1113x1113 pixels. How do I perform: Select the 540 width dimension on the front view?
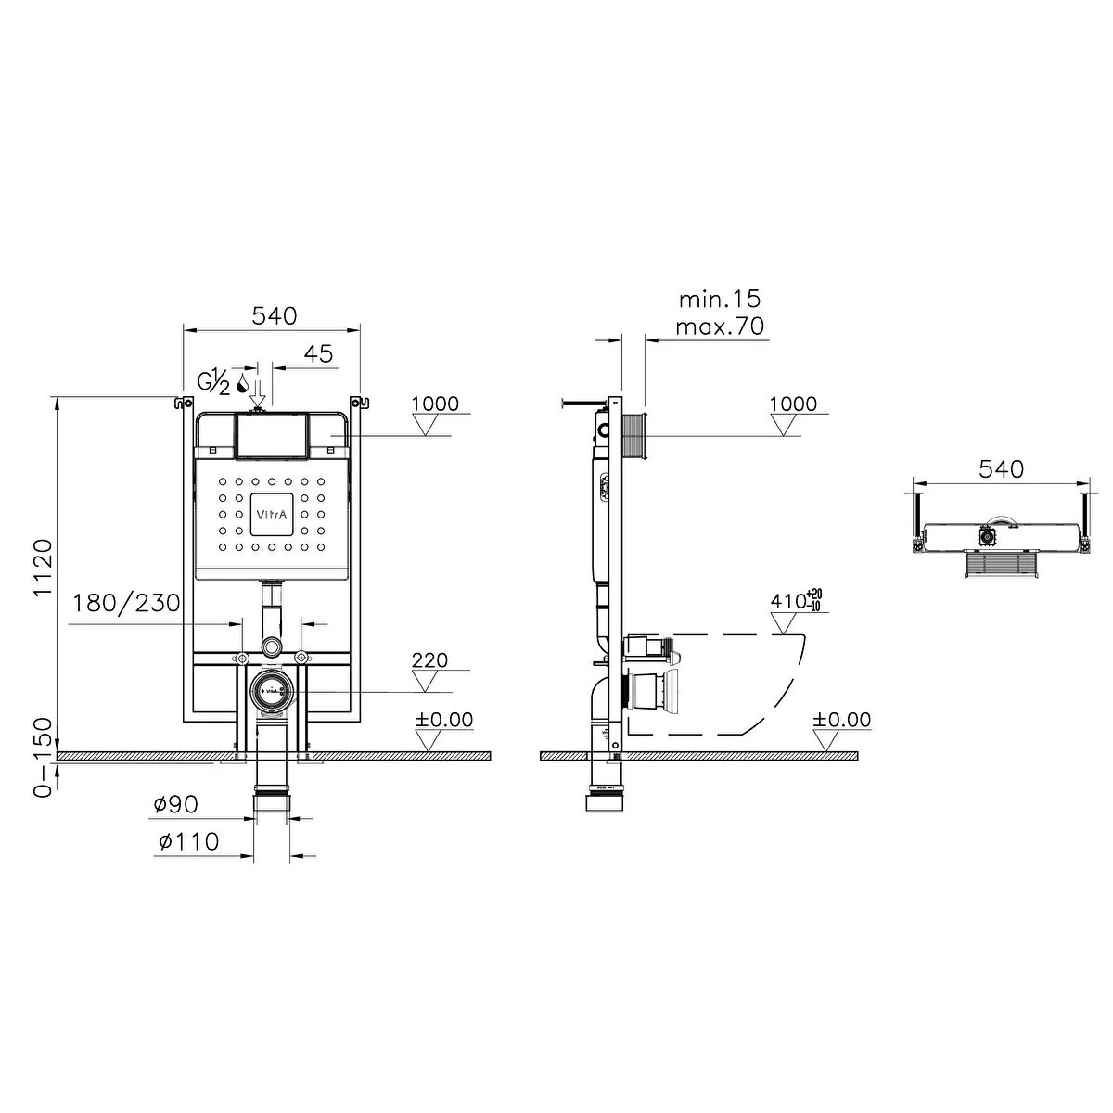pyautogui.click(x=275, y=315)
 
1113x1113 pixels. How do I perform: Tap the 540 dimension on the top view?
pyautogui.click(x=1002, y=469)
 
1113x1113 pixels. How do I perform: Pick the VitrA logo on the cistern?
pyautogui.click(x=273, y=515)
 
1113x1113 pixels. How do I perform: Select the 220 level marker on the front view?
pyautogui.click(x=429, y=660)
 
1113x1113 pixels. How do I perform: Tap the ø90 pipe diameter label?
pyautogui.click(x=176, y=804)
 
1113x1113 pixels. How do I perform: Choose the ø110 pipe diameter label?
pyautogui.click(x=187, y=842)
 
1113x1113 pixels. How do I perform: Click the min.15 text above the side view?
pyautogui.click(x=719, y=299)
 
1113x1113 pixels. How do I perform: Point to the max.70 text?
pyautogui.click(x=719, y=326)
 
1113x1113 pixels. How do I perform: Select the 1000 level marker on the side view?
pyautogui.click(x=794, y=403)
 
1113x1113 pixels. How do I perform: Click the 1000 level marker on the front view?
pyautogui.click(x=436, y=403)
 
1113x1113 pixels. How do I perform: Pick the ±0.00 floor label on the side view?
pyautogui.click(x=842, y=720)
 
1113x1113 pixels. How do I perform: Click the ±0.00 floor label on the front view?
pyautogui.click(x=443, y=720)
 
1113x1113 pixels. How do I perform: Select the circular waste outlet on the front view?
pyautogui.click(x=272, y=692)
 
